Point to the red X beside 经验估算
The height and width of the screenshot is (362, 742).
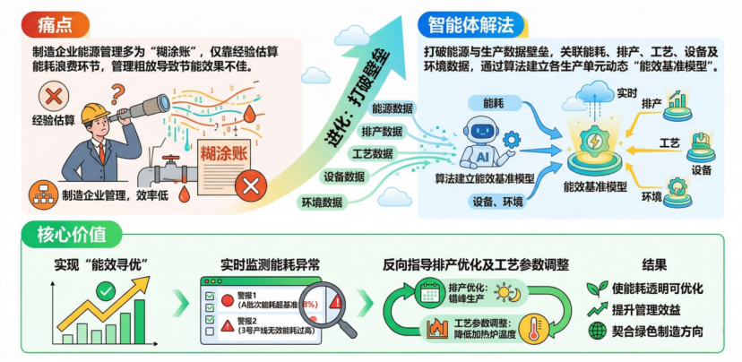coord(53,97)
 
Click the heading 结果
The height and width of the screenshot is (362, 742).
coord(654,265)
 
